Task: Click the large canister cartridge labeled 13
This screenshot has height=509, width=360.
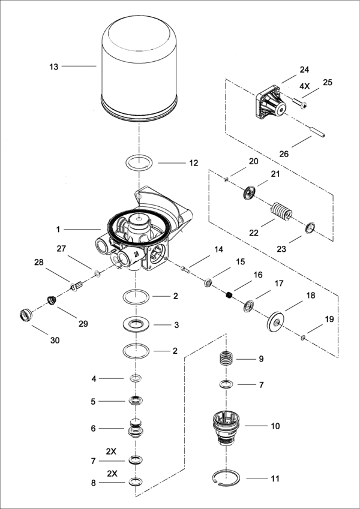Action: (x=139, y=66)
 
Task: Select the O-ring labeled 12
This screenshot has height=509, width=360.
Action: (x=139, y=162)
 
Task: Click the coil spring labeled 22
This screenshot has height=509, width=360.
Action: (x=280, y=213)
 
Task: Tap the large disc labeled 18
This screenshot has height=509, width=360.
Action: (x=276, y=323)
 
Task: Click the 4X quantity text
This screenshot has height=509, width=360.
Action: (x=304, y=86)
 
